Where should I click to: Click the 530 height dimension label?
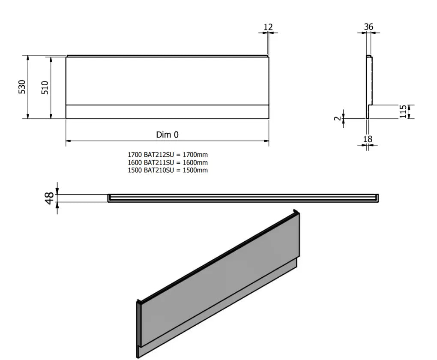[22, 87]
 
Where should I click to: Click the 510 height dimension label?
[45, 87]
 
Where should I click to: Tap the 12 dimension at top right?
[268, 27]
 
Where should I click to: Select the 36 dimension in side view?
[368, 27]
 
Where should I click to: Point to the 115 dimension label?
[403, 112]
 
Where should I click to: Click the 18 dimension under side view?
[368, 139]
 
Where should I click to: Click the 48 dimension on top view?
[50, 198]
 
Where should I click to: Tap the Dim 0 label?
[167, 135]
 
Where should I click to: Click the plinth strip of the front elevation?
[167, 112]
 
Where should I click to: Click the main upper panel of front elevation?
[167, 81]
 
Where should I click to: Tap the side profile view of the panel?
[369, 86]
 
